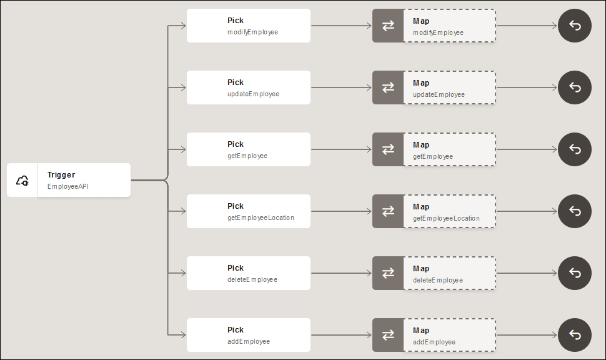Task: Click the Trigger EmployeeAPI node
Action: coord(69,180)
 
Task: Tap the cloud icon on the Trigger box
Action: coord(22,181)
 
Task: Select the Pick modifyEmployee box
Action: coord(249,26)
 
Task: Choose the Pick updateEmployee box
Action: coord(249,87)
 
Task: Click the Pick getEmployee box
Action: coord(249,149)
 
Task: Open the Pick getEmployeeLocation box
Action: coord(249,211)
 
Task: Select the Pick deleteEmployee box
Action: coord(249,273)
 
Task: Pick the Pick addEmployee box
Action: coord(249,335)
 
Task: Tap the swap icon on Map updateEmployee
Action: coord(388,87)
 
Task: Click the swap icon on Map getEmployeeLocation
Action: coord(388,211)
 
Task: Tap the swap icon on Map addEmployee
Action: coord(388,335)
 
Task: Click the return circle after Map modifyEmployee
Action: coord(575,26)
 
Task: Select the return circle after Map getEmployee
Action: coord(575,149)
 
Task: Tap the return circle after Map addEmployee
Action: coord(575,335)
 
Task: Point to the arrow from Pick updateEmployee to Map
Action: coord(341,87)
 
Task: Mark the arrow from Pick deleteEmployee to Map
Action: coord(341,273)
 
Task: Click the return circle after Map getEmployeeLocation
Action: coord(575,211)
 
